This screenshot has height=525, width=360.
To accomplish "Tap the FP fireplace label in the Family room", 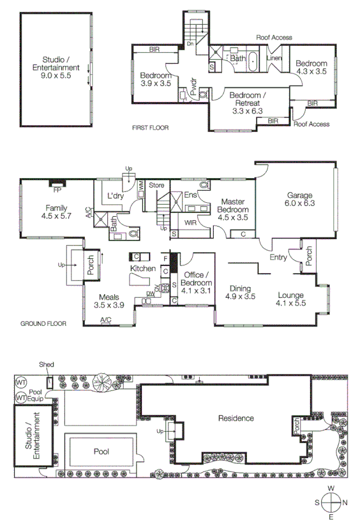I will point(57,190).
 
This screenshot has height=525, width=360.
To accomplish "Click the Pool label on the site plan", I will point(101,451).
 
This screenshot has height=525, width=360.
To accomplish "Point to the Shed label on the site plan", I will point(47,365).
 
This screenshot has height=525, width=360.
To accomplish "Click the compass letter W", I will point(331,489).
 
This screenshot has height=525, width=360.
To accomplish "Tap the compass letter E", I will point(331,518).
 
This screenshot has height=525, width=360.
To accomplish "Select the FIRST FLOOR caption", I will point(150,128).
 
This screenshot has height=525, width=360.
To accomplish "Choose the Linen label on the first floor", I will point(274,59).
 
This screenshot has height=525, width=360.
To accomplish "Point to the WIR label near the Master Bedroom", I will point(190,223).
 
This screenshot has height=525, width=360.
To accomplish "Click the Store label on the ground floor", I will point(156,186).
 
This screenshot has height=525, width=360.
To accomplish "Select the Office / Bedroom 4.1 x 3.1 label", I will point(197,282).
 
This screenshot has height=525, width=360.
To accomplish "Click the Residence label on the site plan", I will point(236,418).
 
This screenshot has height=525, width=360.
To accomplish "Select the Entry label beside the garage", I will point(278,257).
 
